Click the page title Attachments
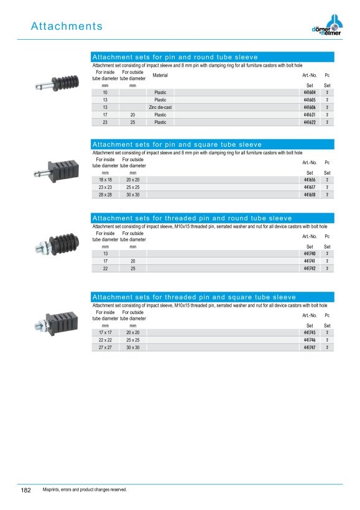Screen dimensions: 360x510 pyautogui.click(x=67, y=26)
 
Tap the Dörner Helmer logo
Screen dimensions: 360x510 pyautogui.click(x=327, y=25)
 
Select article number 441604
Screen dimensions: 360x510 pyautogui.click(x=310, y=93)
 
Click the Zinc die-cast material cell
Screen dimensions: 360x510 pyautogui.click(x=160, y=108)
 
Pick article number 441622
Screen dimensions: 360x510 pyautogui.click(x=310, y=123)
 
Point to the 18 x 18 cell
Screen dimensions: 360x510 pyautogui.click(x=105, y=180)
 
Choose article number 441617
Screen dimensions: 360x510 pyautogui.click(x=310, y=187)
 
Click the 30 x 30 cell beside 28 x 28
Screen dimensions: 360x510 pyautogui.click(x=132, y=195)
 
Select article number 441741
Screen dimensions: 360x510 pyautogui.click(x=310, y=261)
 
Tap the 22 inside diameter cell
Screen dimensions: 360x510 pyautogui.click(x=105, y=269)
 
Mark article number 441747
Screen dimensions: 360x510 pyautogui.click(x=310, y=348)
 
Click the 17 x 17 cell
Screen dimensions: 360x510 pyautogui.click(x=105, y=332)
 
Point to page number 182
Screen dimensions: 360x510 pyautogui.click(x=25, y=490)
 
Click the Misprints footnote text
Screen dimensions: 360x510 pyautogui.click(x=85, y=489)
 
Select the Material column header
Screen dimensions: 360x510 pyautogui.click(x=160, y=75)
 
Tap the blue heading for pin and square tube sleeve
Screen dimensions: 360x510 pyautogui.click(x=213, y=144)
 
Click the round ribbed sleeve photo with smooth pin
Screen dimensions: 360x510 pyautogui.click(x=57, y=83)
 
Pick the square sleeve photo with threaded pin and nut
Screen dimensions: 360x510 pyautogui.click(x=56, y=323)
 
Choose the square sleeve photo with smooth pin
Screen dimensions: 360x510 pyautogui.click(x=57, y=170)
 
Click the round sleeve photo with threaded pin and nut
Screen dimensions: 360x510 pyautogui.click(x=57, y=245)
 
